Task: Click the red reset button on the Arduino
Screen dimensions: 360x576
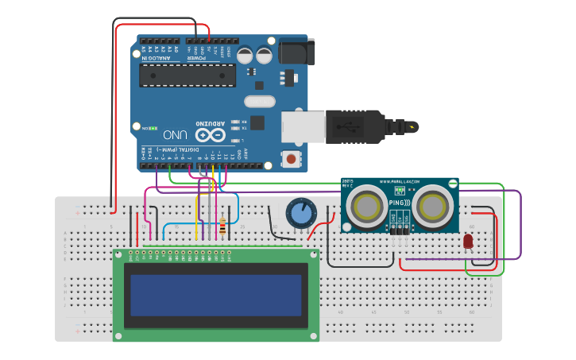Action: coord(292,159)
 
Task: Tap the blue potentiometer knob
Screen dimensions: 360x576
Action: coord(300,214)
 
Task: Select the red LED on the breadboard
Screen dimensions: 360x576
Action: coord(468,240)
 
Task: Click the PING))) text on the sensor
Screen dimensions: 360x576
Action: coord(400,204)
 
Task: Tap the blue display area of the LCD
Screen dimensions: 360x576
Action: coord(216,294)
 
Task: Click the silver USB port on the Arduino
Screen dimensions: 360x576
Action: coord(303,126)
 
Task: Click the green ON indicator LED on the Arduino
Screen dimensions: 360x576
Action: coord(152,127)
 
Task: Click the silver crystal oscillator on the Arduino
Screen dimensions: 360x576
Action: coord(259,102)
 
